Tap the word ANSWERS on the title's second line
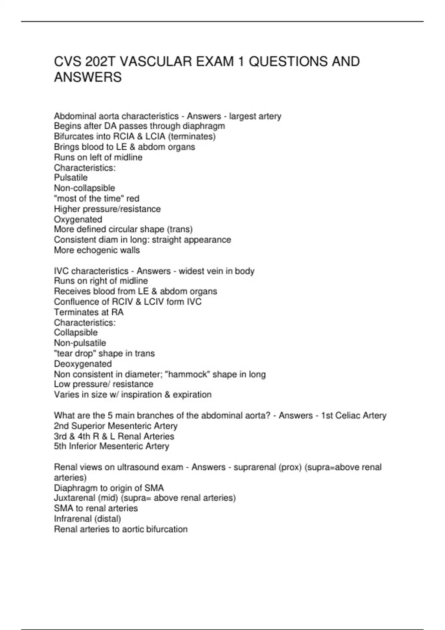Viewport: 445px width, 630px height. pos(88,77)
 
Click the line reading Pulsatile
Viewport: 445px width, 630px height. pos(71,178)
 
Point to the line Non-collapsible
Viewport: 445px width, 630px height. pos(85,188)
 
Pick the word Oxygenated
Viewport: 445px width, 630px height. pos(78,219)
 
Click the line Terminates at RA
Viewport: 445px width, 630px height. pos(89,312)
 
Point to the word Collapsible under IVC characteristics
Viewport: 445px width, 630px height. pos(76,332)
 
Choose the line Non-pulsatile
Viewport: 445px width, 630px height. pos(80,343)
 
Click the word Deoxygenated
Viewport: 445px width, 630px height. pos(83,364)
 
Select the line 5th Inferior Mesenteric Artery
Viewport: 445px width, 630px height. pos(112,446)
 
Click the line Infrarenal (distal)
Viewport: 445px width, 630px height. pos(88,518)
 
